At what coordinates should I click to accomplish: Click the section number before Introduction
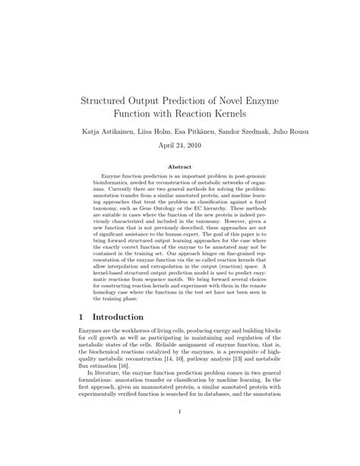(x=81, y=315)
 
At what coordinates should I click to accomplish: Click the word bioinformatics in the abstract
(x=111, y=185)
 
